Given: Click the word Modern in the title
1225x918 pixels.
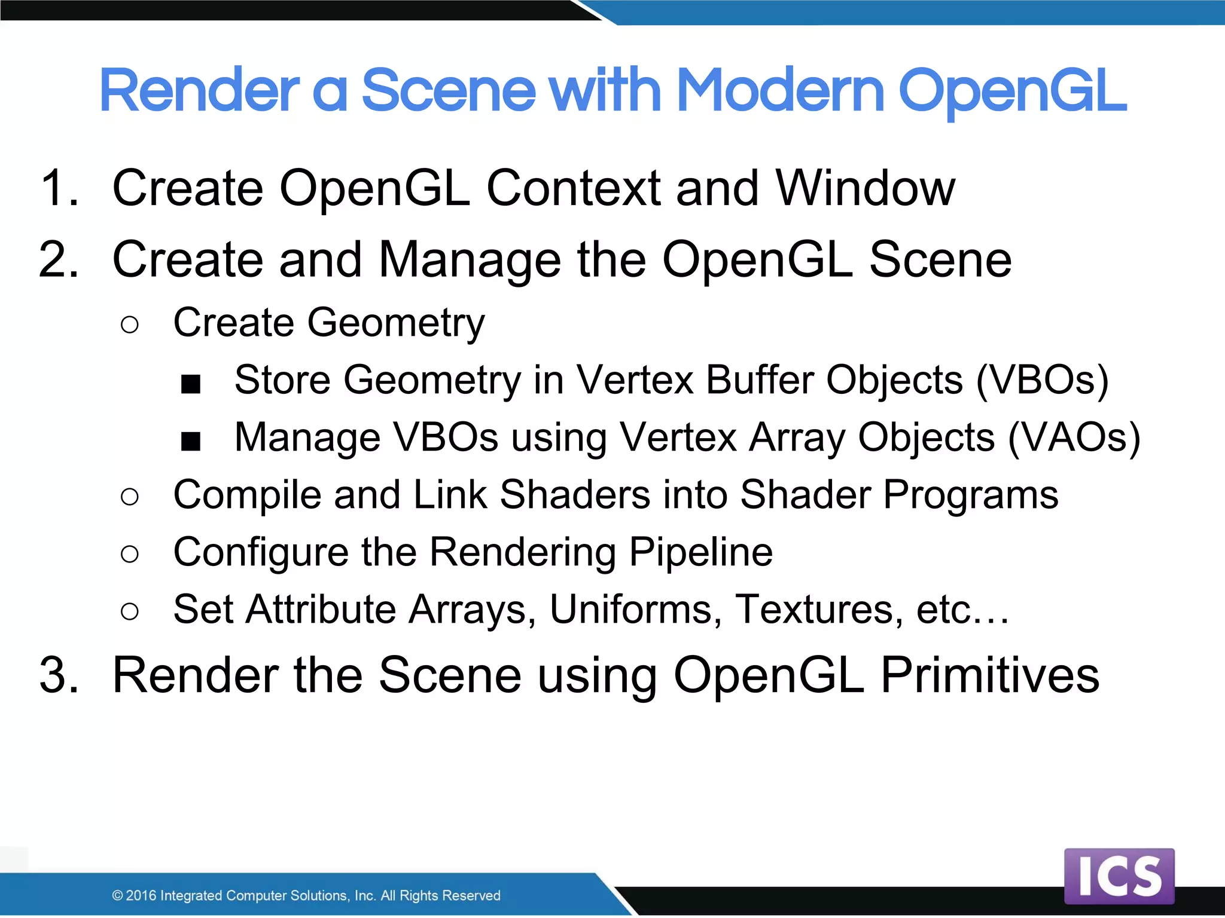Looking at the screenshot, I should pyautogui.click(x=780, y=91).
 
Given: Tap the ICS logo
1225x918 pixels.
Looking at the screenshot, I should pyautogui.click(x=1119, y=876).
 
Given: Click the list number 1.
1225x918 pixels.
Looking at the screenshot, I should pyautogui.click(x=59, y=188).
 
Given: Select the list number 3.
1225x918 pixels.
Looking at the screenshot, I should pyautogui.click(x=59, y=675).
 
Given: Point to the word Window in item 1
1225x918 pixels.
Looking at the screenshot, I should pyautogui.click(x=865, y=188).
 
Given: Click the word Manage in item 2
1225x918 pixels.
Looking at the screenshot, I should pyautogui.click(x=470, y=260).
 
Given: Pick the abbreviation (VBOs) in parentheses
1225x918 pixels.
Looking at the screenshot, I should pyautogui.click(x=1043, y=380).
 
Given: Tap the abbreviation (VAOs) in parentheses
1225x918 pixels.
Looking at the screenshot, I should pyautogui.click(x=1074, y=437).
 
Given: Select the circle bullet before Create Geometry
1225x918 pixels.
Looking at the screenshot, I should pyautogui.click(x=129, y=325).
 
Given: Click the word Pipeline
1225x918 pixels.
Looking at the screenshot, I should pyautogui.click(x=700, y=552).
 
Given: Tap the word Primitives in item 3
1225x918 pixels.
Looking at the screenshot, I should pyautogui.click(x=990, y=675).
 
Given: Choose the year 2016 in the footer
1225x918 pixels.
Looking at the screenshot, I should pyautogui.click(x=141, y=895).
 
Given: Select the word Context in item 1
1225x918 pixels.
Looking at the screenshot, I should pyautogui.click(x=574, y=188).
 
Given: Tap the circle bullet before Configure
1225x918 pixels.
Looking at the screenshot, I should pyautogui.click(x=129, y=554).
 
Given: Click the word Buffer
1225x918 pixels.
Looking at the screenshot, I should pyautogui.click(x=759, y=380).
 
